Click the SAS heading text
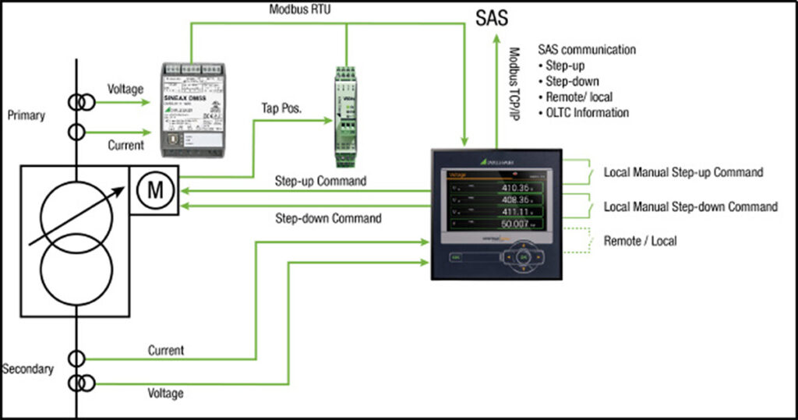pos(493,18)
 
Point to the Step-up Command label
pos(321,180)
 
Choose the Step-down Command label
pos(328,218)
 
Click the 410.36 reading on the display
pos(521,188)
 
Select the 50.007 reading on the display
pos(521,224)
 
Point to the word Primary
pos(26,115)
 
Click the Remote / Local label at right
pos(640,242)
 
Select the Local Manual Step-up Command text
pos(683,172)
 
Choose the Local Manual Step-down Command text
pos(690,206)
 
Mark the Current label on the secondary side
pos(166,351)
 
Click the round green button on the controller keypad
pos(524,256)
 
